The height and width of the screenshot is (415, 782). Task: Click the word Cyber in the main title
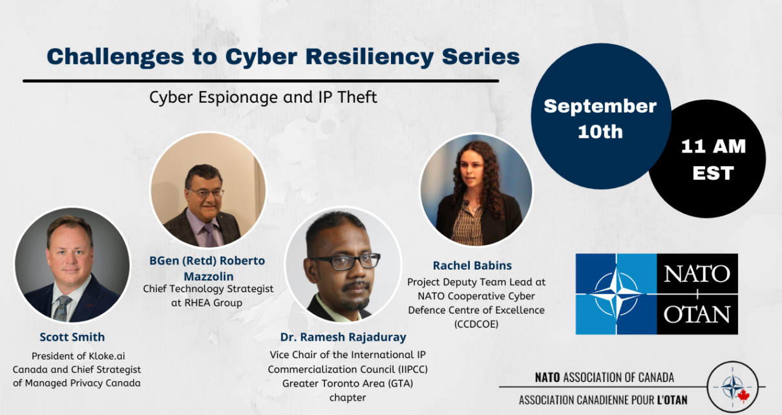coord(261,58)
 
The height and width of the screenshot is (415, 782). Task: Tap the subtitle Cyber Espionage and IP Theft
coord(263,98)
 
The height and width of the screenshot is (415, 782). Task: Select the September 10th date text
coord(600,119)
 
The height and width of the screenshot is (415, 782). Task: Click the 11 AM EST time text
coord(713,160)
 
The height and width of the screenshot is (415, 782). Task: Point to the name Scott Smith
coord(72,337)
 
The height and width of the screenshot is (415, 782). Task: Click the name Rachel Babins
coord(472,266)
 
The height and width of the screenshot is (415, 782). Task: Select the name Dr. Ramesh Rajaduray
coord(344,337)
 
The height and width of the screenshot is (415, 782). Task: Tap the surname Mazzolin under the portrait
coord(209,276)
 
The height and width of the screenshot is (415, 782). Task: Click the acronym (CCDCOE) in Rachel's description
coord(476,324)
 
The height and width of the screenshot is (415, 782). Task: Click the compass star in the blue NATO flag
coord(616,294)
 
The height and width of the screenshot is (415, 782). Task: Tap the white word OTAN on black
coord(697,315)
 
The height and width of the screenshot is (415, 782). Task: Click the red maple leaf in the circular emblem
coord(743,396)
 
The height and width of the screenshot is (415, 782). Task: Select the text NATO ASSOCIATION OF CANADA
coord(604,378)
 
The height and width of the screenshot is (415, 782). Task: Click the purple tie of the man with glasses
coord(210,235)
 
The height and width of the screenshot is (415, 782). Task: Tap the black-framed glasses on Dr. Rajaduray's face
coord(345,262)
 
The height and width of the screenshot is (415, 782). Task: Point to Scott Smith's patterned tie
coord(62,308)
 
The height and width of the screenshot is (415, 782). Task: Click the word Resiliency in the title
coord(370,58)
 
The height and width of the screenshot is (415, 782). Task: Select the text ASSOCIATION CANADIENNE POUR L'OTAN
coord(603,400)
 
